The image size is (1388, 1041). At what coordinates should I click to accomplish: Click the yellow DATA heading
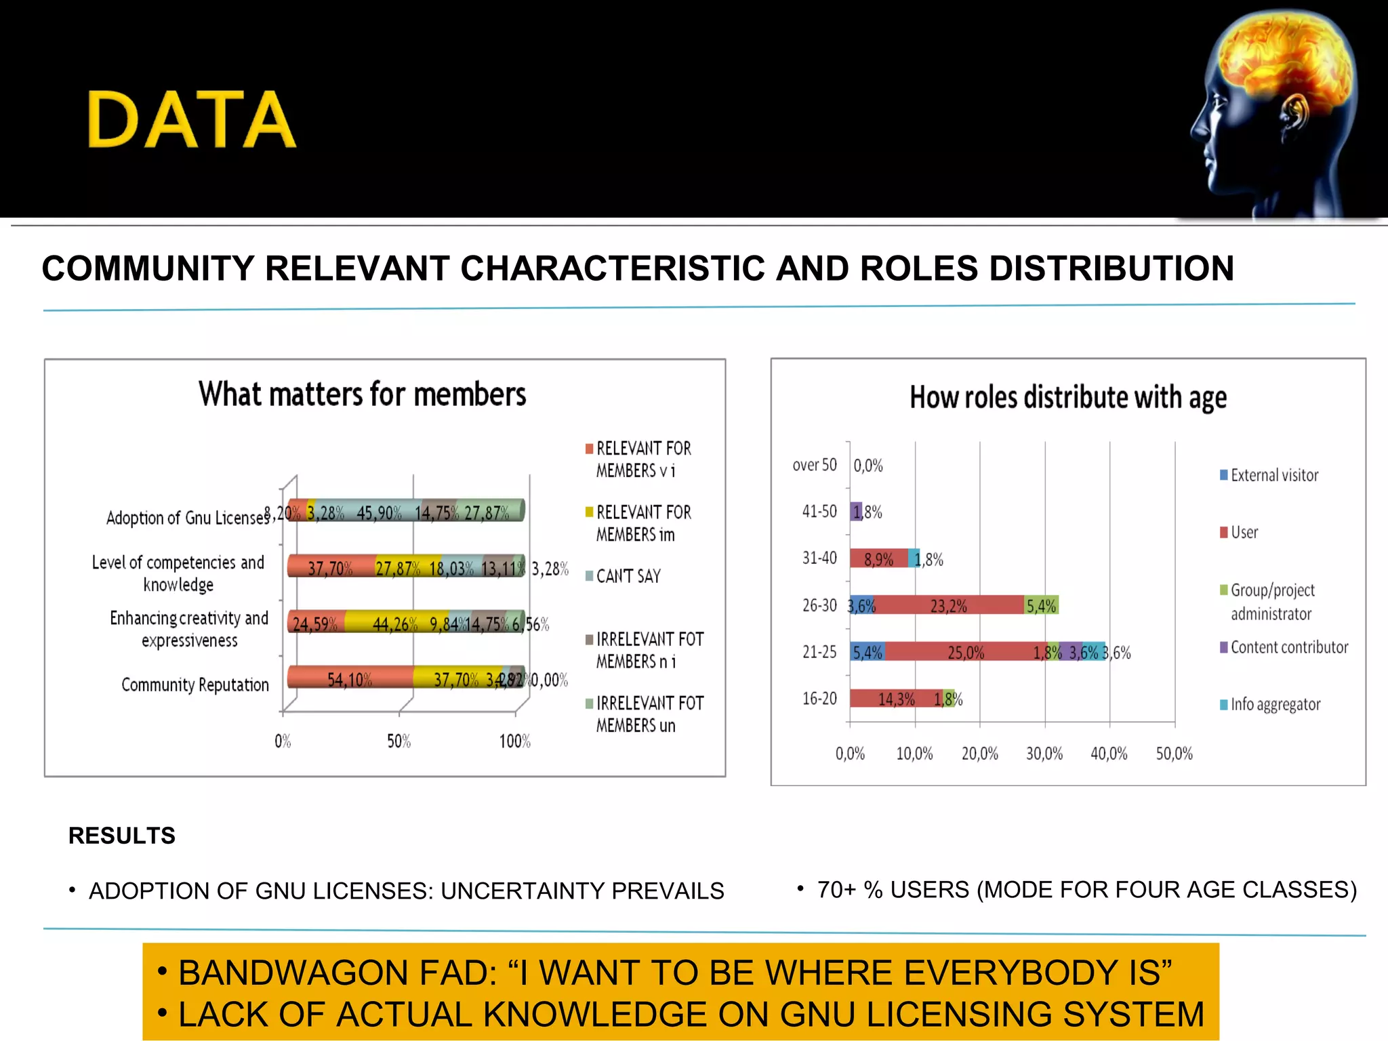coord(192,120)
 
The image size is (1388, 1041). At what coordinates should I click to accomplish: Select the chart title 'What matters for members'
coord(362,394)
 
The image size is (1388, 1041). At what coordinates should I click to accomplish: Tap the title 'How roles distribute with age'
coord(1067,398)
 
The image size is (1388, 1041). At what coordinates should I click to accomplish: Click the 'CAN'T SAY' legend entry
coord(628,576)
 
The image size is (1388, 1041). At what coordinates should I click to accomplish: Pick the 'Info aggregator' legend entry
coord(1275,705)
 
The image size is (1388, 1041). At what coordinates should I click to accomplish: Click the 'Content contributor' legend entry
coord(1288,647)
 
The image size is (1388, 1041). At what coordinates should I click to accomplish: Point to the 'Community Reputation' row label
coord(195,685)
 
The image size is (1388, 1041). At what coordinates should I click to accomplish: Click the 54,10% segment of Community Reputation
coord(350,678)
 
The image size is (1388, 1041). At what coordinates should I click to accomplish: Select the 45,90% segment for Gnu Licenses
coord(379,512)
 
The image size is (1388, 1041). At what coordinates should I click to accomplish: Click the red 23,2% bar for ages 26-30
coord(948,605)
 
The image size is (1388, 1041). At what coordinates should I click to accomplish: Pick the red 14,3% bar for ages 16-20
coord(895,699)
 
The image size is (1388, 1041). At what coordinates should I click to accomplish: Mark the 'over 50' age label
coord(815,465)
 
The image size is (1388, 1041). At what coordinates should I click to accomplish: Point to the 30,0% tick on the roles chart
coord(1044,754)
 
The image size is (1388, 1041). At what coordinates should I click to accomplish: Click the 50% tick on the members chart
coord(399,741)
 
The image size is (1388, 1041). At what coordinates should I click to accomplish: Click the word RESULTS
coord(122,836)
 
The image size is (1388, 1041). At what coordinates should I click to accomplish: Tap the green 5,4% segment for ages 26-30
coord(1041,605)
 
